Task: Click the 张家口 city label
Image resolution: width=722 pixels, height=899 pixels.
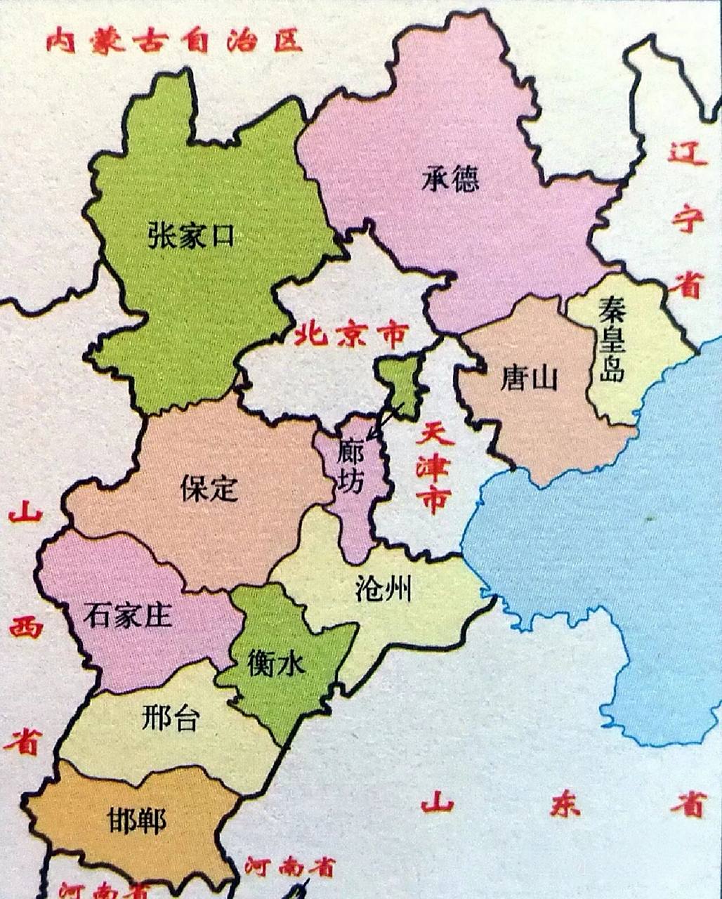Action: point(190,236)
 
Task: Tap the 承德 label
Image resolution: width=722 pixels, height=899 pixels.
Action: point(450,179)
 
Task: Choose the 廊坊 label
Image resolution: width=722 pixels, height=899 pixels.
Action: point(350,466)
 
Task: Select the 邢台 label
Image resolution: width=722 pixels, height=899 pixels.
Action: point(170,718)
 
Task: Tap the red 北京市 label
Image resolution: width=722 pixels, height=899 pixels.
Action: point(350,334)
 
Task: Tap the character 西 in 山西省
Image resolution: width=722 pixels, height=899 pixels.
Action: point(26,627)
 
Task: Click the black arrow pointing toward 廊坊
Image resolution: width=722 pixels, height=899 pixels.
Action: point(385,424)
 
